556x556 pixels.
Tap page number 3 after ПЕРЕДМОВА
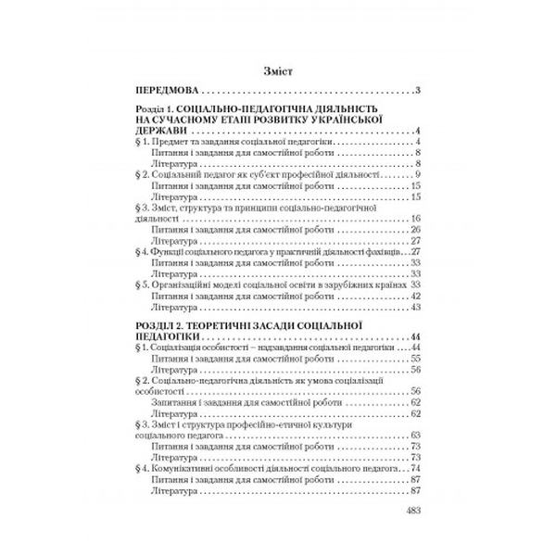point(419,90)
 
